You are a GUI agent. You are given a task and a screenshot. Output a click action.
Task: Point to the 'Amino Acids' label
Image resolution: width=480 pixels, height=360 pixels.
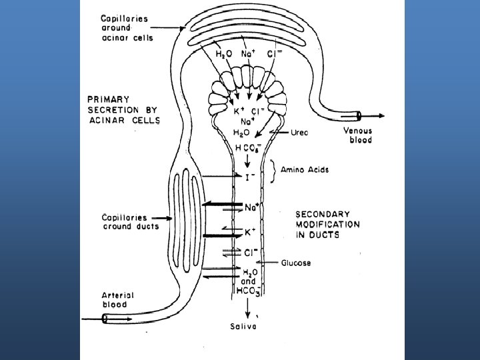pyautogui.click(x=306, y=170)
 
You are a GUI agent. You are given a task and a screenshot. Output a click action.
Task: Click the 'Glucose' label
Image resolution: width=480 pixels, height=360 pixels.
pyautogui.click(x=295, y=263)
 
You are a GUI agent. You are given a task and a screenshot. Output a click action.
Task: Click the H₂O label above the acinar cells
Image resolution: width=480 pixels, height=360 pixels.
pyautogui.click(x=223, y=53)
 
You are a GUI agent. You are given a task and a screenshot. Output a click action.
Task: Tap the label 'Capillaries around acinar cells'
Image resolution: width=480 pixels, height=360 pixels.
pyautogui.click(x=127, y=29)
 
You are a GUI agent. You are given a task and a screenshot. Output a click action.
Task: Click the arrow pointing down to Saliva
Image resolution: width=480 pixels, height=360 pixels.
pyautogui.click(x=247, y=307)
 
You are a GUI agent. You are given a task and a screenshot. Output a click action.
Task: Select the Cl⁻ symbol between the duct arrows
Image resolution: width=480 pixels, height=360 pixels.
pyautogui.click(x=250, y=253)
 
